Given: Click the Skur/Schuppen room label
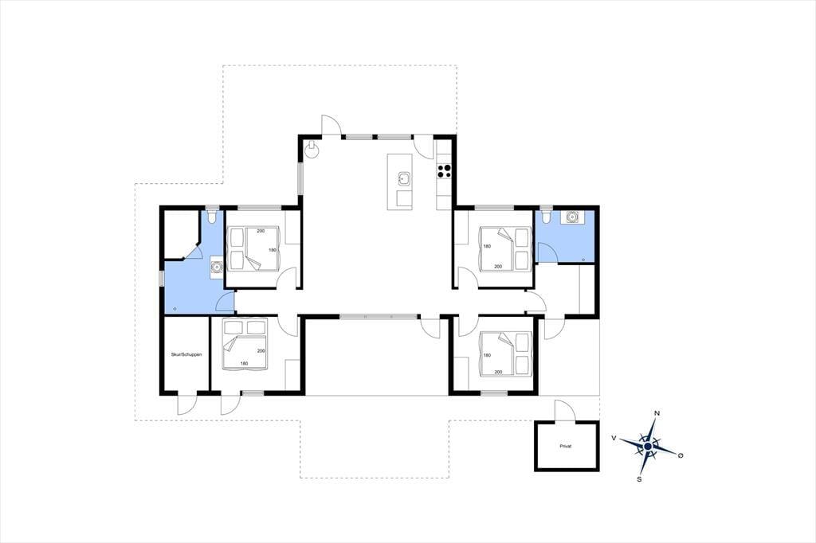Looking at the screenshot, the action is click(186, 355).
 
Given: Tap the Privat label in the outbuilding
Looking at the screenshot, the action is click(566, 446).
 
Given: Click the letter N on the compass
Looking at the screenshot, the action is click(657, 413).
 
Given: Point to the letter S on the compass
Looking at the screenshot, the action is click(639, 479).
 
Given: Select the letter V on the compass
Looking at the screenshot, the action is click(614, 439).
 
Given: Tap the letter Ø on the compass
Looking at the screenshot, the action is click(681, 455).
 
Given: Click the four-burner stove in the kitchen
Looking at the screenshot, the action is click(444, 171).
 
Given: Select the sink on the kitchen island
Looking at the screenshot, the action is click(404, 179).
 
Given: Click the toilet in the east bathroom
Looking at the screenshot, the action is click(546, 216).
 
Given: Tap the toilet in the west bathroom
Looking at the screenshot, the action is click(211, 216).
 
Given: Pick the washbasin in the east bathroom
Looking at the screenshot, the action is click(572, 217).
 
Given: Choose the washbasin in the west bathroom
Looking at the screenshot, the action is click(217, 268).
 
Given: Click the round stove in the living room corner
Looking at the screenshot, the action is click(312, 149).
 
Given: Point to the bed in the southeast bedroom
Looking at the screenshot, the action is click(504, 354).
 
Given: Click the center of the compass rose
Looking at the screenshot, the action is click(647, 446).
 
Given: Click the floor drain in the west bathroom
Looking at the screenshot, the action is click(175, 309).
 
